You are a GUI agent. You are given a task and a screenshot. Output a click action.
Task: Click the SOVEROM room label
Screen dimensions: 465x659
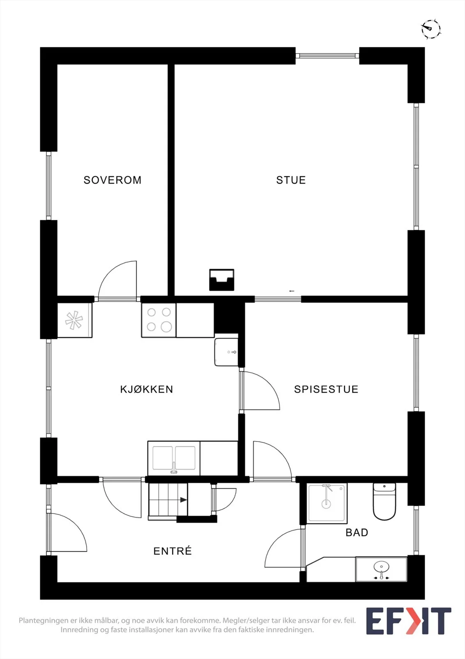tap(113, 180)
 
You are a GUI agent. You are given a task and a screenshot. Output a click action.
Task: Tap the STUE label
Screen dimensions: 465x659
tap(291, 180)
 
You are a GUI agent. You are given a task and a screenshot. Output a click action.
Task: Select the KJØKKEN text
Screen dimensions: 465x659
tap(147, 389)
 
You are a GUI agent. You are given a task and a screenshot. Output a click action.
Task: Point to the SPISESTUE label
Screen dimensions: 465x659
tap(326, 389)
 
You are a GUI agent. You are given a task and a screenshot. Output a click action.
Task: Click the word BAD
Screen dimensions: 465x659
tap(356, 533)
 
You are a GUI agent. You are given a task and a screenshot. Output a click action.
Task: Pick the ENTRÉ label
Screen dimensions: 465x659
tap(172, 550)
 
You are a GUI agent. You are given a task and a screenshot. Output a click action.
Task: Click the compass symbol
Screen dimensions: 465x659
tap(431, 29)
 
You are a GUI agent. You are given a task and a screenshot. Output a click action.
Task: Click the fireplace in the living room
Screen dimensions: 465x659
tap(222, 280)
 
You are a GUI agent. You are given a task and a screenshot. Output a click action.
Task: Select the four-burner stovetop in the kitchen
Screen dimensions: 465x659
tap(159, 320)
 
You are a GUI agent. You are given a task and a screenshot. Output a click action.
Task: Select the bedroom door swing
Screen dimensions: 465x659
tap(118, 280)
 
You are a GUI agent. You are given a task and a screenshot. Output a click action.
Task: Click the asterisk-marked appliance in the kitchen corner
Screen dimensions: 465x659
tap(74, 320)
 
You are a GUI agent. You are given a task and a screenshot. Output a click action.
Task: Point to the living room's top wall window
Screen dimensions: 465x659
tap(327, 55)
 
